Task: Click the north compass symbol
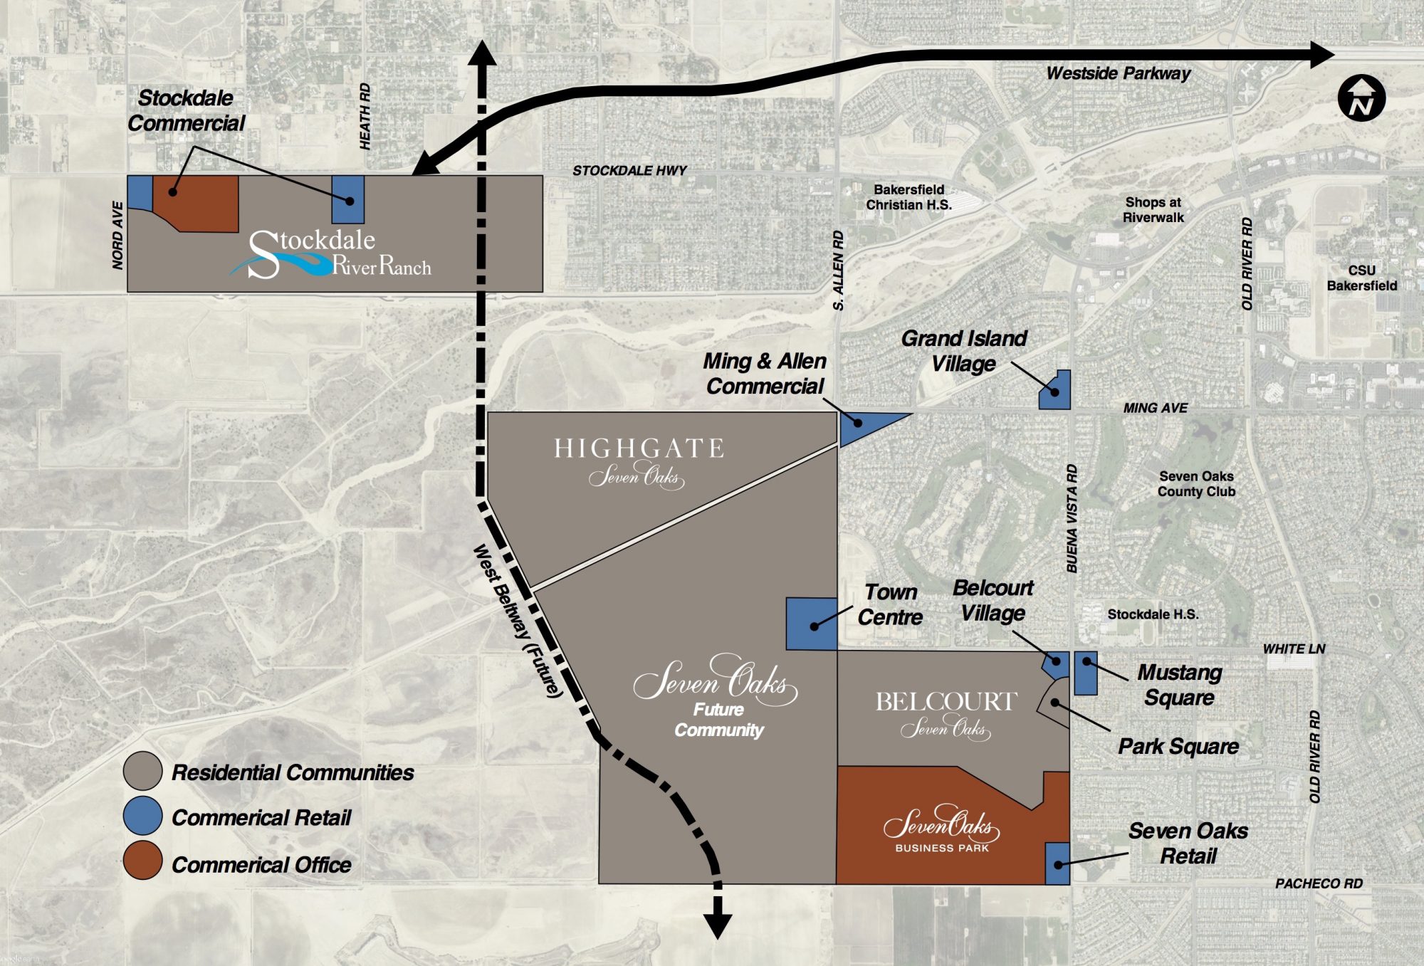point(1361,98)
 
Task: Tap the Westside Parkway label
point(1118,73)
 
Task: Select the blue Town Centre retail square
point(811,624)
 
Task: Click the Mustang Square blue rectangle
point(1085,673)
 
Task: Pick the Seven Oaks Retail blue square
point(1057,863)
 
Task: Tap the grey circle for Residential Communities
point(142,771)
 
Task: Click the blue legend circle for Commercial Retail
point(142,816)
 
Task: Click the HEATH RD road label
point(365,116)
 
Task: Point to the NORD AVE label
point(117,235)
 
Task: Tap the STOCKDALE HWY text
point(629,171)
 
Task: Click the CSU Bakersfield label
point(1361,278)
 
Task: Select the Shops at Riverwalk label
point(1153,210)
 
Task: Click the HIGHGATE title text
point(639,448)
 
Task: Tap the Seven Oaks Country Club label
point(1196,484)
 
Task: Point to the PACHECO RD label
point(1319,883)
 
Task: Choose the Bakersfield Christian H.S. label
point(909,197)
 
